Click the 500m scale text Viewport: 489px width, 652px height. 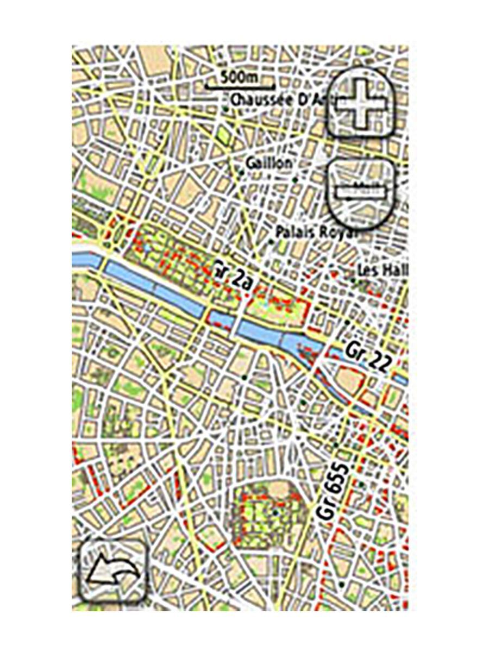tap(239, 77)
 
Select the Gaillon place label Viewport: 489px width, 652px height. tap(269, 163)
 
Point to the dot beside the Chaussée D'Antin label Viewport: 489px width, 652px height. tap(225, 110)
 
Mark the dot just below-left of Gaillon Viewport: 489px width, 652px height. tap(241, 172)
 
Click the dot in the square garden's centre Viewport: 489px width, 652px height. tap(275, 512)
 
